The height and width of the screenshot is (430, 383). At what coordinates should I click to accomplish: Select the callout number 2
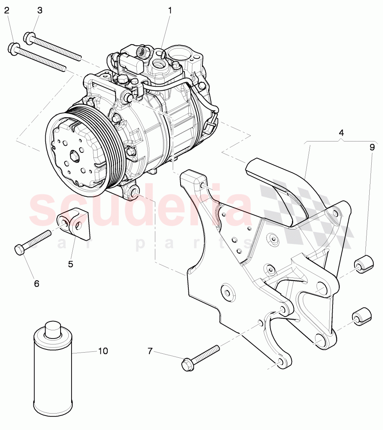(x=6, y=11)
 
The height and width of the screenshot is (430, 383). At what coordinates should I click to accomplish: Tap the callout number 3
(x=40, y=11)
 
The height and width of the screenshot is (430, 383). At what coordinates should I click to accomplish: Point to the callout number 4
(x=341, y=133)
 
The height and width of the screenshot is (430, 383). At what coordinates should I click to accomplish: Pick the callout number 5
(x=70, y=264)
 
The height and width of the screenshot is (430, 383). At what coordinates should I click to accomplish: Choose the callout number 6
(x=36, y=283)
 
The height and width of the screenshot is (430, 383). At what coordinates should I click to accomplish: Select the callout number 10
(x=102, y=351)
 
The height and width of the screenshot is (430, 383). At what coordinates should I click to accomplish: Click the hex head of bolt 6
(x=20, y=249)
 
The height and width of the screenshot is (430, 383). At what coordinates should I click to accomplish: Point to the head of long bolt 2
(x=13, y=48)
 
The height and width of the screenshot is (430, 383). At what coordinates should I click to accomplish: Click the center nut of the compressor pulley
(x=74, y=156)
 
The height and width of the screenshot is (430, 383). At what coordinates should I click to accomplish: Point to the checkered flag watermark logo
(x=305, y=211)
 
